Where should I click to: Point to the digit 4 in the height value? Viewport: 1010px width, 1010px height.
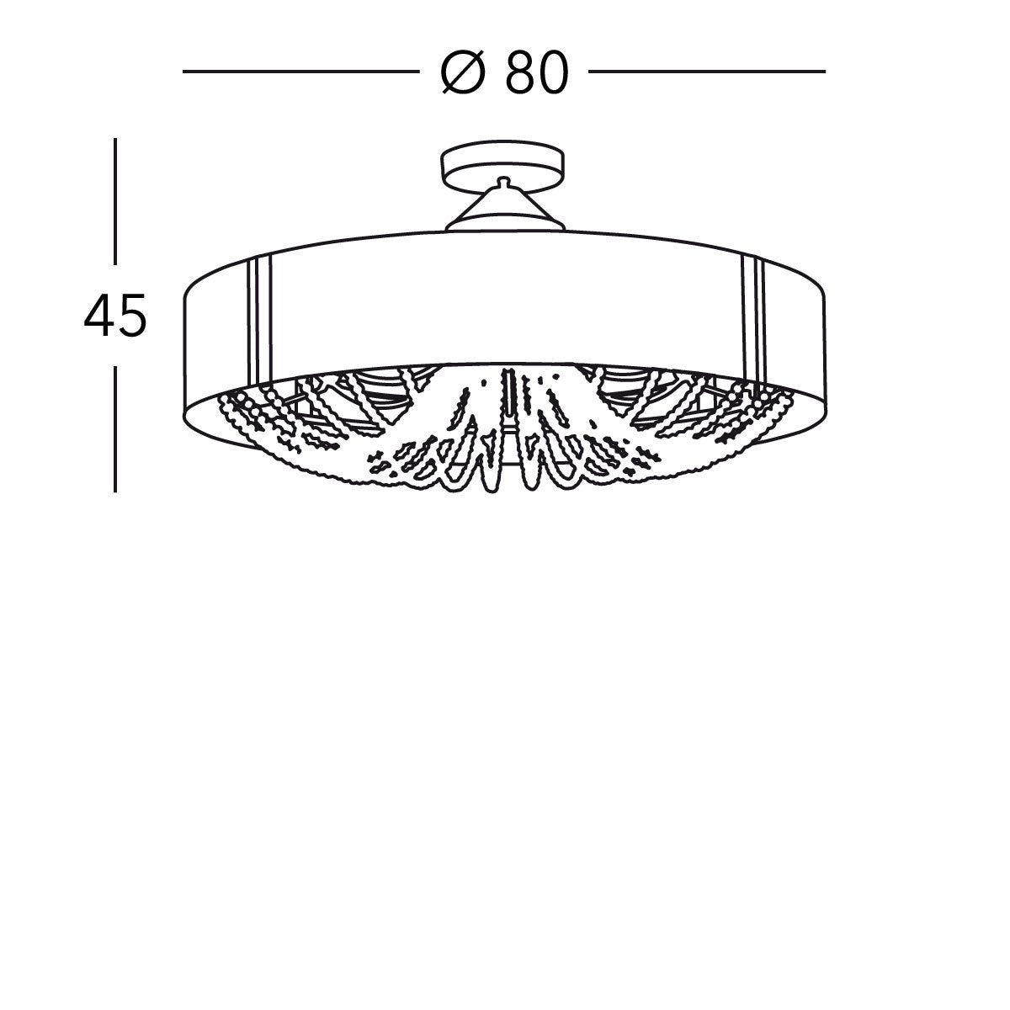[x=100, y=316]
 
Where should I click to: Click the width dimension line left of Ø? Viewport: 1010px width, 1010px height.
[x=299, y=72]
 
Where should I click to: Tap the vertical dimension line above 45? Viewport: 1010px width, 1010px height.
[x=115, y=202]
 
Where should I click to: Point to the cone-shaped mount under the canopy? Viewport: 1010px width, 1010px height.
[x=502, y=210]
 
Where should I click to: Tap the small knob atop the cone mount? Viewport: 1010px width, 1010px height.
[x=502, y=181]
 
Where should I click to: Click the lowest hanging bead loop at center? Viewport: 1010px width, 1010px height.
[x=505, y=480]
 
